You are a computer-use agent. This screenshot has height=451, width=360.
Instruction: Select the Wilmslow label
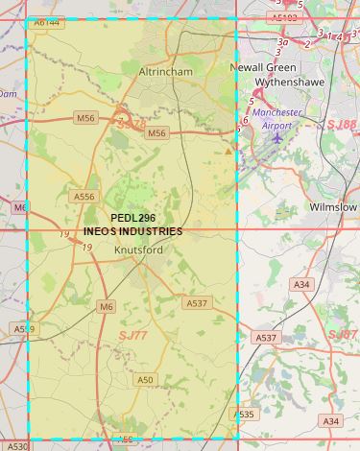[x=333, y=207]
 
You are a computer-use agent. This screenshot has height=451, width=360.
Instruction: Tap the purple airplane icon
[x=278, y=137]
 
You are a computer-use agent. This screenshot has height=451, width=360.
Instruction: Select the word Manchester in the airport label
[x=277, y=112]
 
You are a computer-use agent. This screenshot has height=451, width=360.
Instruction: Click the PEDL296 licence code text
[x=132, y=218]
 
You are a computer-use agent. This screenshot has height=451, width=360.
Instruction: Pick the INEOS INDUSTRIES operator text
[x=132, y=231]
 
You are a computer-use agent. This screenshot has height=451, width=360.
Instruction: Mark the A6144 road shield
[x=45, y=21]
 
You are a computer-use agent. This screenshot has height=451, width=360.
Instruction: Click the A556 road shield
[x=84, y=197]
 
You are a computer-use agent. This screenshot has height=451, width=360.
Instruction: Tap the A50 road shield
[x=145, y=380]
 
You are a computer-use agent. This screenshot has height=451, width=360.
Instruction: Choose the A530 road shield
[x=18, y=446]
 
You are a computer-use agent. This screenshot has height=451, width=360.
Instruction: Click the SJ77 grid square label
[x=133, y=335]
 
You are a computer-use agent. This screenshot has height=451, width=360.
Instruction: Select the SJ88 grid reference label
[x=341, y=125]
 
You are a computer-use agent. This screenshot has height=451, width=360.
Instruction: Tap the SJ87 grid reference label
[x=343, y=334]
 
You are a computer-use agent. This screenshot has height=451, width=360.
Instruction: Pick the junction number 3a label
[x=282, y=42]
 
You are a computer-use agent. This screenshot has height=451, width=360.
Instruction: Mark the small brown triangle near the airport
[x=228, y=151]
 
